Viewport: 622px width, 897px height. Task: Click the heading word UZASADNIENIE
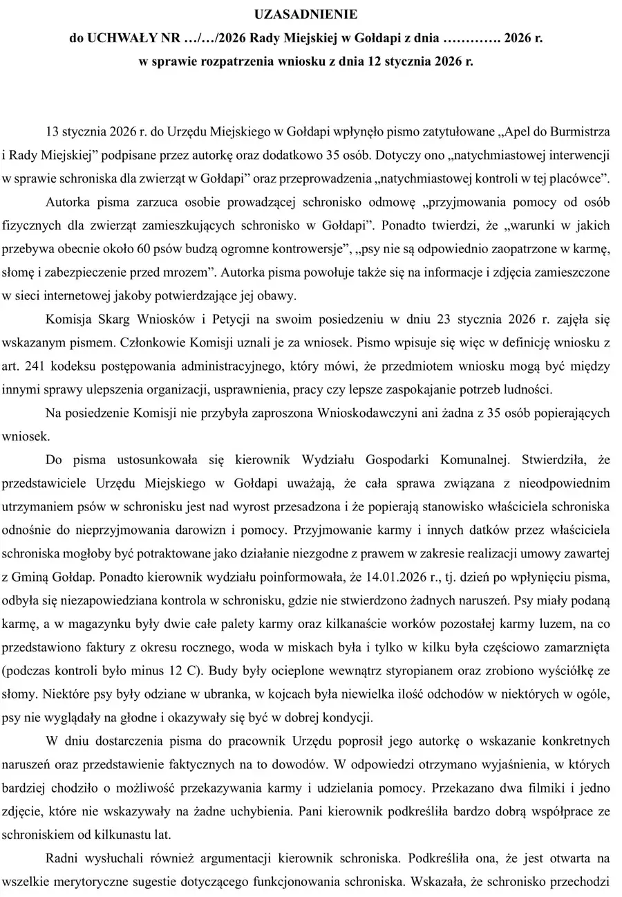tap(310, 15)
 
